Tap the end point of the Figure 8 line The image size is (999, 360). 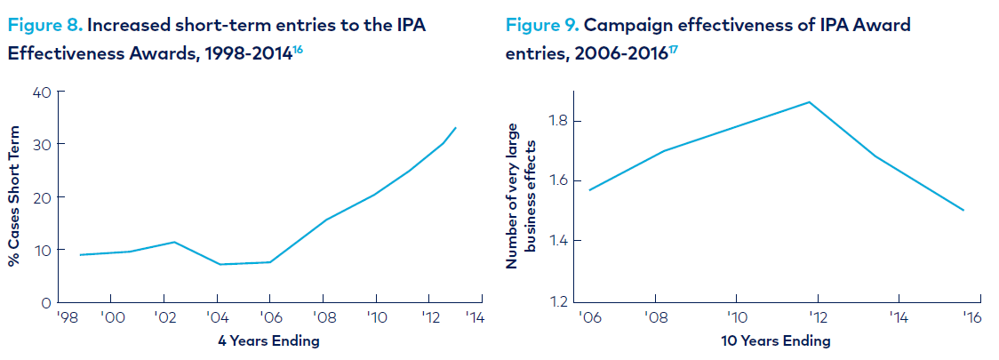456,127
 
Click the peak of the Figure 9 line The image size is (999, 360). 809,102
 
